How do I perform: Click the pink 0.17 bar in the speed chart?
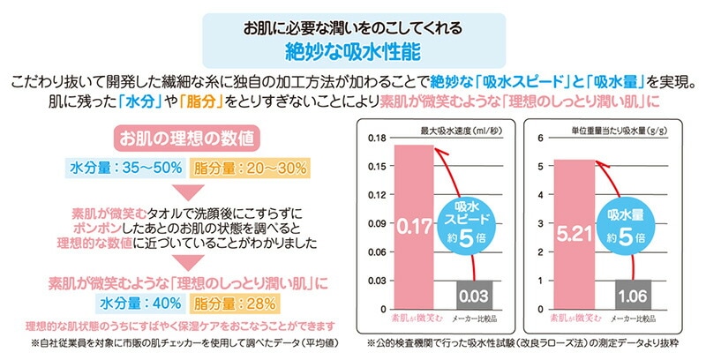click(414, 227)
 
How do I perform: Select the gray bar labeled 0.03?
click(474, 296)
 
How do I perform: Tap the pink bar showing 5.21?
click(574, 235)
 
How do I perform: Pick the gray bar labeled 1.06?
click(633, 295)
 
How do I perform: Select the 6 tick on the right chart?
click(540, 139)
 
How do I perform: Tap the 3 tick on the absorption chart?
click(540, 223)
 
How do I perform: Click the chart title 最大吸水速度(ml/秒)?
click(461, 131)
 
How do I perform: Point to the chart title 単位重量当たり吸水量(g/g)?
click(620, 131)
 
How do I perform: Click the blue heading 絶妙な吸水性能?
click(354, 52)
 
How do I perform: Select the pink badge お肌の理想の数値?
click(187, 139)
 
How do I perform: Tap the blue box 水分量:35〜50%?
click(125, 169)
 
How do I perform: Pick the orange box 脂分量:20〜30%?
click(250, 169)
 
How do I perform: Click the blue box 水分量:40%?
click(140, 304)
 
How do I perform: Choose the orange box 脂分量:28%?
click(235, 304)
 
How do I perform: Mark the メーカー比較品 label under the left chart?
click(475, 319)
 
